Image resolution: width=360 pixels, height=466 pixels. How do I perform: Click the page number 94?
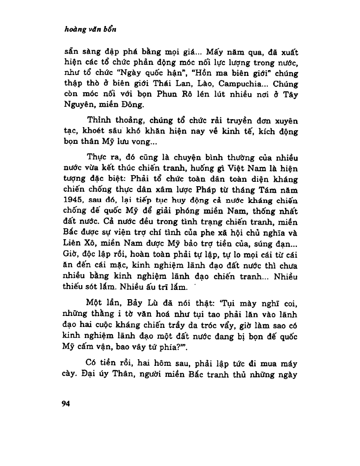click(67, 403)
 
